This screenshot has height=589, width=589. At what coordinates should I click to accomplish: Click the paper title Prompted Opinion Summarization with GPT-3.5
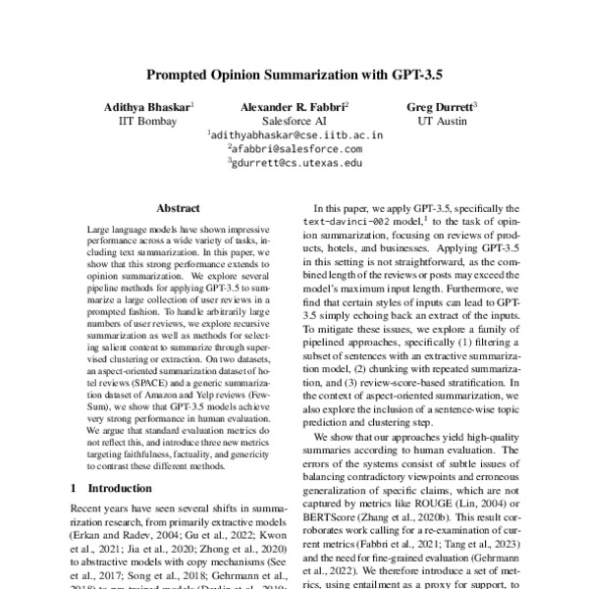click(x=294, y=73)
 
